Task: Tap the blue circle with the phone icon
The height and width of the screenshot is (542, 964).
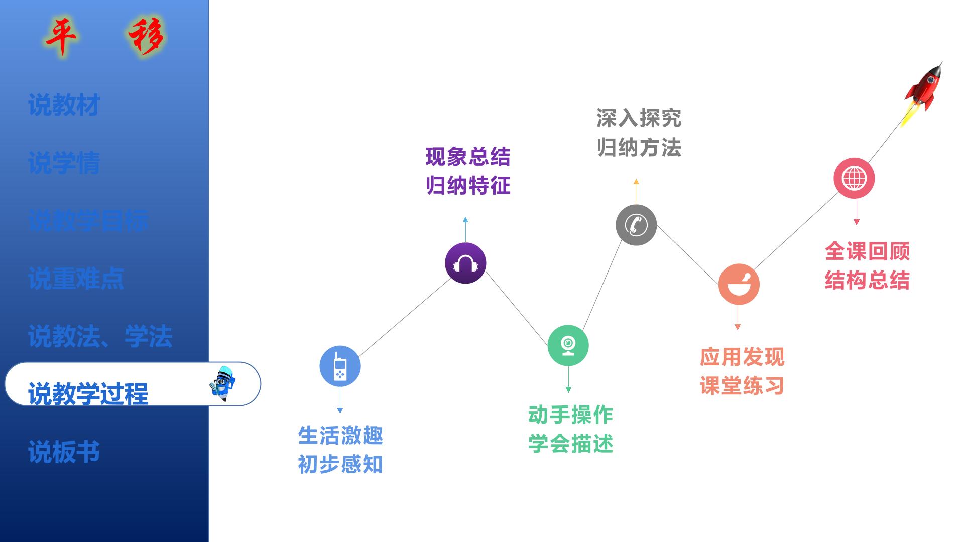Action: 340,366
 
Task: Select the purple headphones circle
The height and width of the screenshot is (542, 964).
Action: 465,263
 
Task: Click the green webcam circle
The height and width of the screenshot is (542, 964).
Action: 568,345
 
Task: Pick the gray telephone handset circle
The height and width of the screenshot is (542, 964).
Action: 636,225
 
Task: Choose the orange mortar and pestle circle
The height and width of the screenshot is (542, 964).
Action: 739,284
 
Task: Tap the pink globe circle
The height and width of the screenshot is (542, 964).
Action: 854,178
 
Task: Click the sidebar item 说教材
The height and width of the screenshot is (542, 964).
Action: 64,105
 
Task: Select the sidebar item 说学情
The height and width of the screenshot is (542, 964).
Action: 64,163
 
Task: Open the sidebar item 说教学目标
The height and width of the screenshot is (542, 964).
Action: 88,220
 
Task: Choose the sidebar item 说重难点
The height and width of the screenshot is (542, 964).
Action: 76,278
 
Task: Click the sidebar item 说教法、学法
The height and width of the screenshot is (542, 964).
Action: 100,336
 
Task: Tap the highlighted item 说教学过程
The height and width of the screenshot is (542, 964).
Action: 88,393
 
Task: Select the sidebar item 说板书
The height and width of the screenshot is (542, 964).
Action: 64,451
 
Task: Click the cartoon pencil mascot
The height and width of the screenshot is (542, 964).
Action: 223,384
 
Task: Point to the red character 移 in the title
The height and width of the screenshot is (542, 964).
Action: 146,36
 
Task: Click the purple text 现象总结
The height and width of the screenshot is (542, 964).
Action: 468,157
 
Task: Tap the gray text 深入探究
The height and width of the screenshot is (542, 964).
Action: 639,118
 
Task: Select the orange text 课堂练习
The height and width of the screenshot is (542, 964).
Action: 742,386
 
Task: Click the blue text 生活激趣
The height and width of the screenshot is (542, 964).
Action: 340,435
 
